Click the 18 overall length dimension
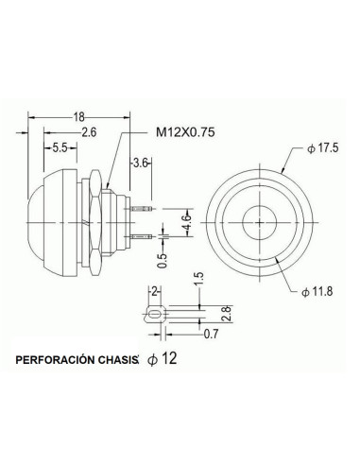[79, 117]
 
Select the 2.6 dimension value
[89, 132]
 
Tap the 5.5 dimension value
[60, 147]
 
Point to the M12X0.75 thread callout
[185, 132]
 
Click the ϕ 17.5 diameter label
[322, 148]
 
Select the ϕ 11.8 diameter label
[317, 292]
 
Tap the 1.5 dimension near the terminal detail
[199, 280]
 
